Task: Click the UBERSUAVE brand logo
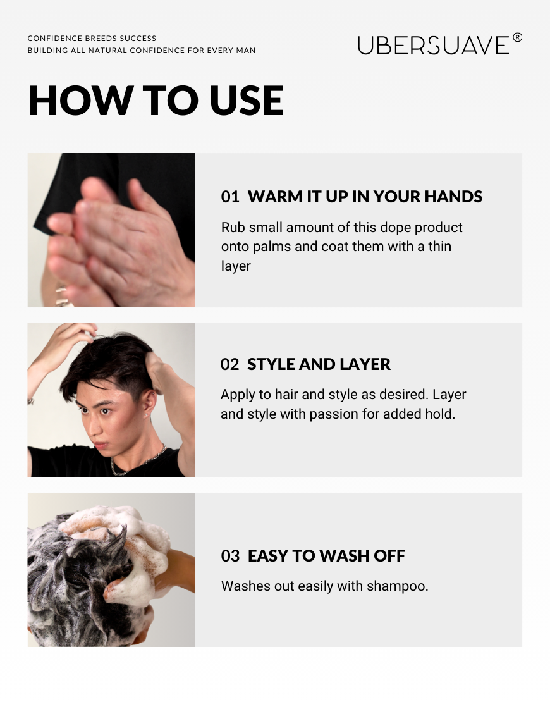click(434, 45)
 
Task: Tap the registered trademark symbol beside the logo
click(517, 37)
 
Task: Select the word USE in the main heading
click(247, 101)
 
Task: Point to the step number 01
click(230, 197)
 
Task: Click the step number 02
click(229, 364)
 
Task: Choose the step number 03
click(230, 556)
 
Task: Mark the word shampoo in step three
click(398, 586)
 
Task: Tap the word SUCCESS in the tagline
click(137, 39)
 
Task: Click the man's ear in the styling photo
click(150, 404)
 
